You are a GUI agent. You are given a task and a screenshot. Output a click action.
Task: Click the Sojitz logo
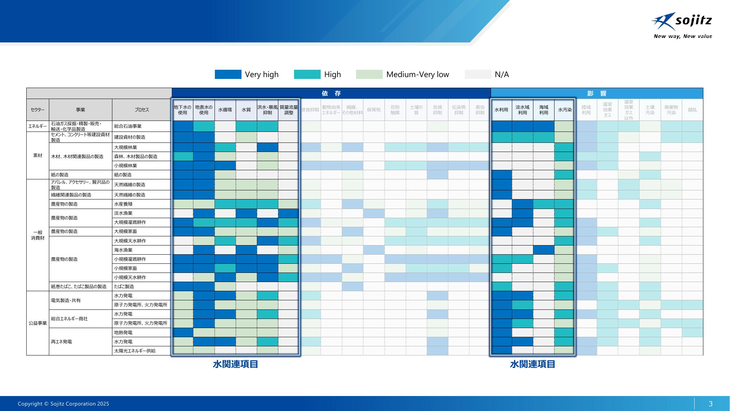click(x=681, y=26)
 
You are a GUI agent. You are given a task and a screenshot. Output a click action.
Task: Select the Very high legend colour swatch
click(x=228, y=75)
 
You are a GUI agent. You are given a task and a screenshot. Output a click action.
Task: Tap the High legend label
click(x=332, y=75)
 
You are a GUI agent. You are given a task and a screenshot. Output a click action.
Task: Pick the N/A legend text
click(x=502, y=75)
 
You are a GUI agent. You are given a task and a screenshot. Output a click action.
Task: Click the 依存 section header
click(x=331, y=94)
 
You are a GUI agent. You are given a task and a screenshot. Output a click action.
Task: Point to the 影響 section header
click(x=596, y=94)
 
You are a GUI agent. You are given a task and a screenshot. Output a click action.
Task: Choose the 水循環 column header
click(x=225, y=110)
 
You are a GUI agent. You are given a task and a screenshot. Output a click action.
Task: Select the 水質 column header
click(x=246, y=110)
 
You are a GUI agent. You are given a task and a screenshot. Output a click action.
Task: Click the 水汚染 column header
click(x=565, y=110)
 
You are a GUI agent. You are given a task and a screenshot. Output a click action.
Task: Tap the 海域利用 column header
click(x=544, y=110)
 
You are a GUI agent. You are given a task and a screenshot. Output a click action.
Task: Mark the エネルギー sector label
click(x=38, y=126)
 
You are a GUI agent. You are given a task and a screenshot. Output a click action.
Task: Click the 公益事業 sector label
click(x=38, y=323)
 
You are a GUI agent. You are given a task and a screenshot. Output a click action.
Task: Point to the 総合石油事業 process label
click(x=128, y=126)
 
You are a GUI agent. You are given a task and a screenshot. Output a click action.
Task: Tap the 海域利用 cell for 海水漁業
click(x=544, y=250)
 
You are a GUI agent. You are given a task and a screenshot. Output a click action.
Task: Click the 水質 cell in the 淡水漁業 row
click(x=246, y=213)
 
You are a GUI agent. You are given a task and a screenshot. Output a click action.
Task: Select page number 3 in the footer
click(x=710, y=404)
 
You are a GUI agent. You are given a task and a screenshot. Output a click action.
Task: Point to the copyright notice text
click(x=63, y=404)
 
